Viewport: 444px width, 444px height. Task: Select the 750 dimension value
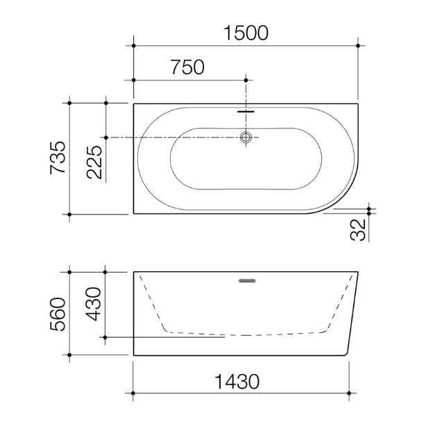click(x=187, y=67)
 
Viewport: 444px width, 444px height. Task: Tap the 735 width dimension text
click(x=58, y=158)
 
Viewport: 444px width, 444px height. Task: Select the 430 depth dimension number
click(x=94, y=302)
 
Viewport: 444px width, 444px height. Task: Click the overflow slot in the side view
click(x=246, y=281)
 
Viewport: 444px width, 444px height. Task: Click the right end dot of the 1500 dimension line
click(x=358, y=46)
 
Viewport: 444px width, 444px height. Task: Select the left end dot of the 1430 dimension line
click(x=134, y=394)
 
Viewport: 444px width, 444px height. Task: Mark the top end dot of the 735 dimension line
click(x=69, y=103)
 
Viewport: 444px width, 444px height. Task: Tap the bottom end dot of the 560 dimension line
click(x=69, y=355)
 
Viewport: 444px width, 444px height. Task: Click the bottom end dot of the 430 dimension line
click(x=105, y=338)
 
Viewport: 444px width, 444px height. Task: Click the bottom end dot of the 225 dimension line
click(x=105, y=137)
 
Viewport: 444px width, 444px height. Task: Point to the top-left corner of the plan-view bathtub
click(x=134, y=104)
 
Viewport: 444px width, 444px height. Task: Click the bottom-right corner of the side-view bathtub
click(x=345, y=355)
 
